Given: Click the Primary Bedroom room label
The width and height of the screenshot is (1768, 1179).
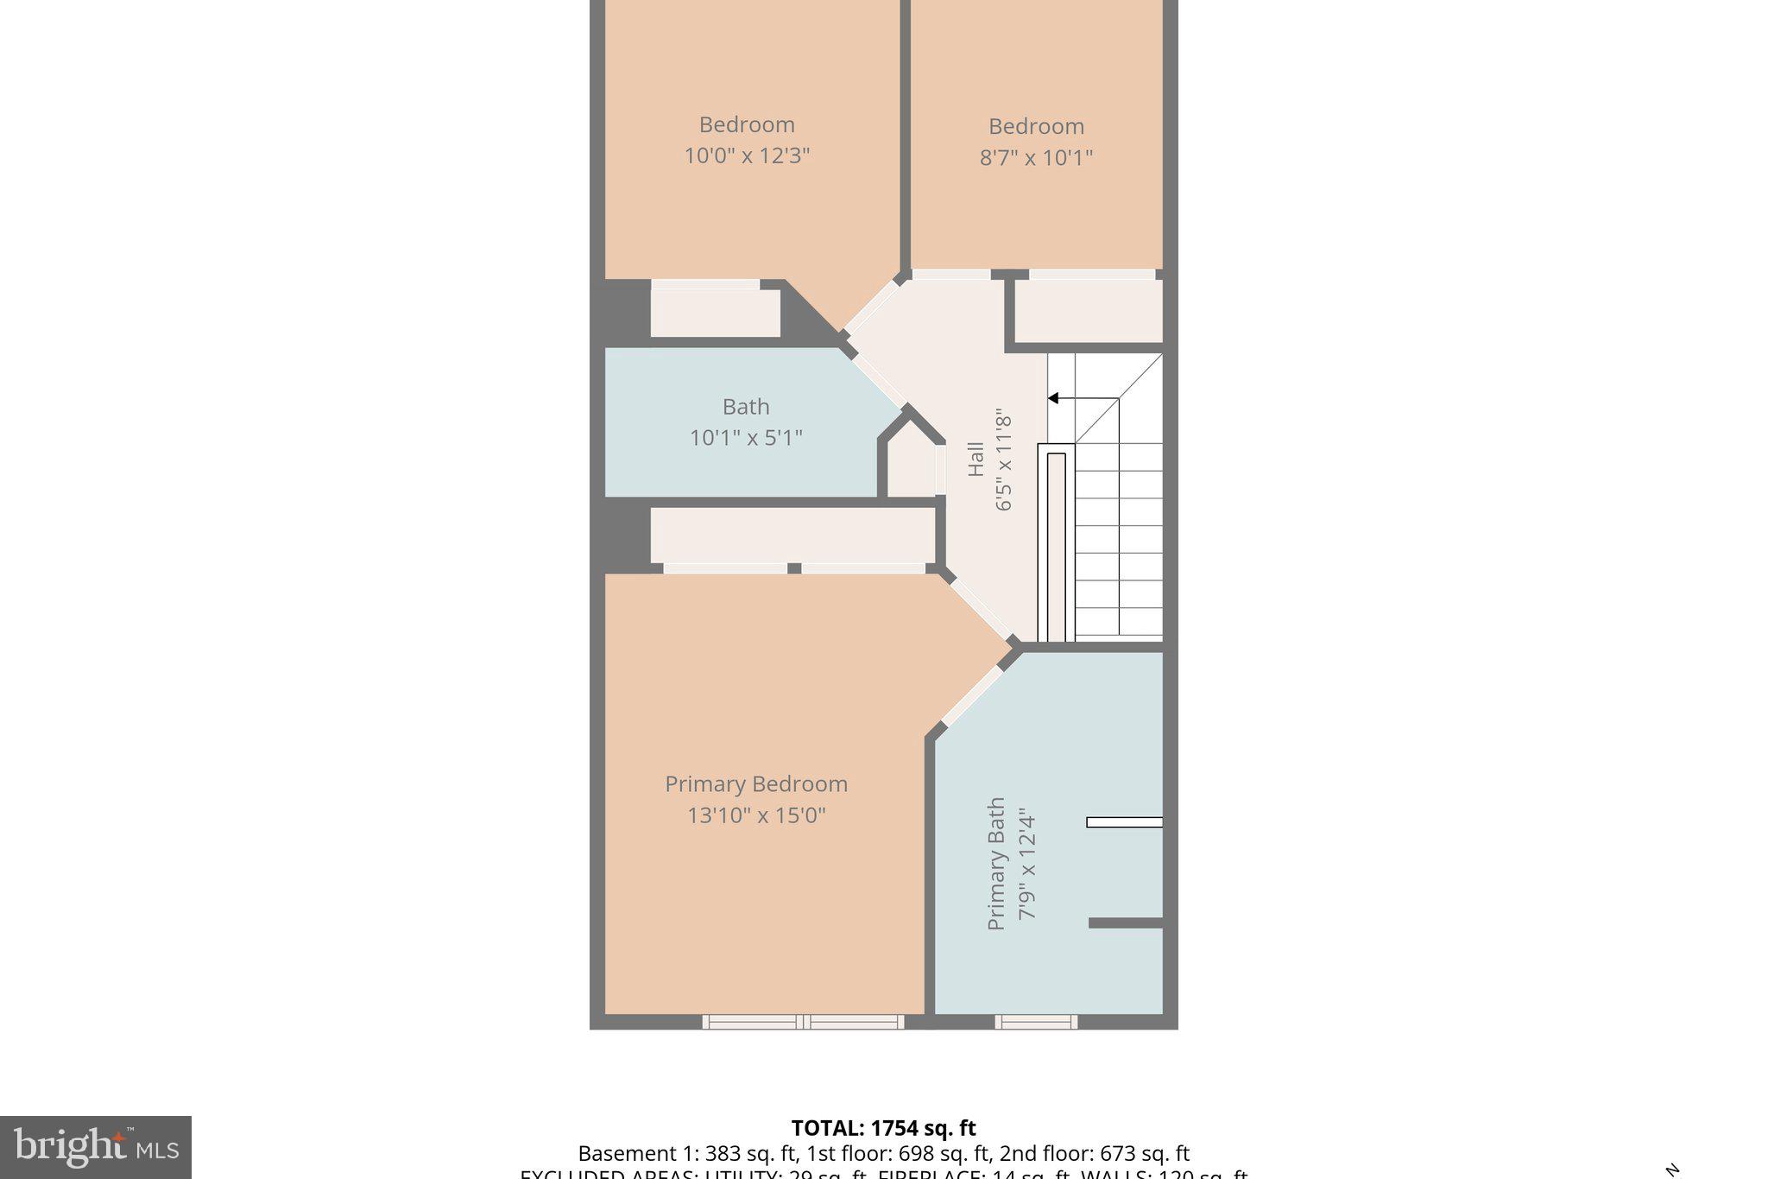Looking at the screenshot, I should tap(755, 783).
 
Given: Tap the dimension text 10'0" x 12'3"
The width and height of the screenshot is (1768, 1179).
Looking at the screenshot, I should tap(747, 156).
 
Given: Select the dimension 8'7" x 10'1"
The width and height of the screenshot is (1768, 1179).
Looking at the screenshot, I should tap(1036, 158).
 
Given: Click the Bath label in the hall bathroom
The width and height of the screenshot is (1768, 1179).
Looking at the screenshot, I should tap(746, 406).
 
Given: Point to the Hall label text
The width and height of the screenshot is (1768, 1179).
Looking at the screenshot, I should tap(976, 460).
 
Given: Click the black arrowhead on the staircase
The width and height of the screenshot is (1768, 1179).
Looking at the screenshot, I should tap(1053, 398).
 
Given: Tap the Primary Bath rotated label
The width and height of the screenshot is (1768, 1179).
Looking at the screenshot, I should tap(996, 864).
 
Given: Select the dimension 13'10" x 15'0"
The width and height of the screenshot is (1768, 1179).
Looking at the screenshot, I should tap(756, 815).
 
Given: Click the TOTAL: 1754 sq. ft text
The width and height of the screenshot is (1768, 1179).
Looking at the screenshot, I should tap(883, 1128).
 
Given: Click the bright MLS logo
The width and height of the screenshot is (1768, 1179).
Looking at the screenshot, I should tap(96, 1147).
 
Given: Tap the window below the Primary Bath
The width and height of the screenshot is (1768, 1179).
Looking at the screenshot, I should tap(1036, 1022).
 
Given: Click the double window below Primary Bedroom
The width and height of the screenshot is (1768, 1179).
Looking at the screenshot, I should tap(803, 1022).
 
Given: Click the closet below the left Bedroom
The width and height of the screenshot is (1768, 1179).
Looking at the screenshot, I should tap(715, 313).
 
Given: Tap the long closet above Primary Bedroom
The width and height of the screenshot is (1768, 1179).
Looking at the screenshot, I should tap(792, 535).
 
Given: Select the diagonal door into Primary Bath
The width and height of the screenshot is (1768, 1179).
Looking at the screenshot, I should tap(972, 696).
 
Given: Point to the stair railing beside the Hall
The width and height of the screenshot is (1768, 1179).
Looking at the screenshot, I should tap(1056, 544).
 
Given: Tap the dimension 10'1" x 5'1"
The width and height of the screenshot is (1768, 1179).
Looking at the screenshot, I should tap(746, 438).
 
